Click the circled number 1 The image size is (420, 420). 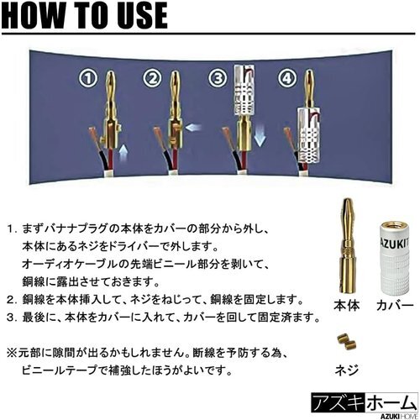click(87, 78)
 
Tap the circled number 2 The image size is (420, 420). click(152, 78)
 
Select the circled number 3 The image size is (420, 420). click(218, 78)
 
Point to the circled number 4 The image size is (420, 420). click(286, 78)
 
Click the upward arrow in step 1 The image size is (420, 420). click(123, 154)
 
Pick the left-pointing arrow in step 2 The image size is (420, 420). click(193, 128)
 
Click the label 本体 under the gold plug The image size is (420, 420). click(346, 306)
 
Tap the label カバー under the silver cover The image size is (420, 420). click(395, 306)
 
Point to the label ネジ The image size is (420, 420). click(347, 370)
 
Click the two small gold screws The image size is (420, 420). click(346, 342)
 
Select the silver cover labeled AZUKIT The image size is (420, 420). click(394, 258)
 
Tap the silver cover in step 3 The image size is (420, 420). click(244, 90)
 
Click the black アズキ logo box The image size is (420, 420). click(339, 403)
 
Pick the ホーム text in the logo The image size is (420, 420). click(391, 403)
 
